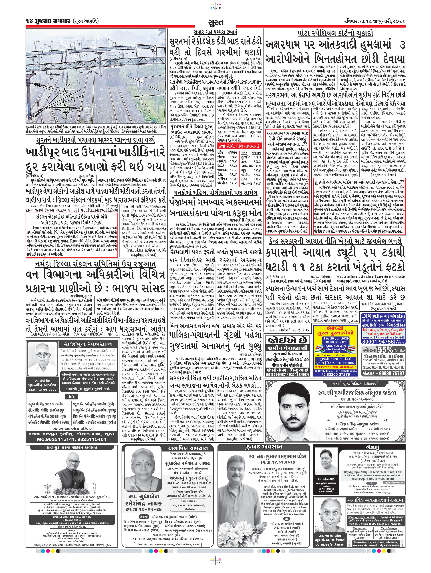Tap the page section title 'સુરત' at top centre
(x=215, y=22)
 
